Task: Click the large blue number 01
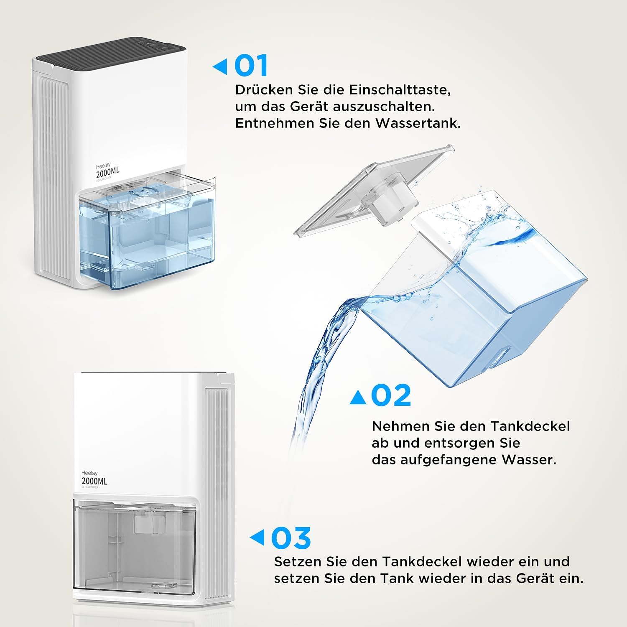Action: [x=251, y=66]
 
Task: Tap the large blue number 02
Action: [x=391, y=395]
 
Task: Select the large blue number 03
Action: [x=291, y=538]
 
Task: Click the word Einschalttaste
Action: [x=400, y=90]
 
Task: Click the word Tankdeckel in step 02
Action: [x=530, y=426]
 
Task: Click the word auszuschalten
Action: [x=384, y=107]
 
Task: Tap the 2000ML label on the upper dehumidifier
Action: [x=107, y=172]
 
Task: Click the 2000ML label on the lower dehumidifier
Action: [x=94, y=481]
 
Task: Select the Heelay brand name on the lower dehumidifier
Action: [x=89, y=473]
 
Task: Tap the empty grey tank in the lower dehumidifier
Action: [x=134, y=545]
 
